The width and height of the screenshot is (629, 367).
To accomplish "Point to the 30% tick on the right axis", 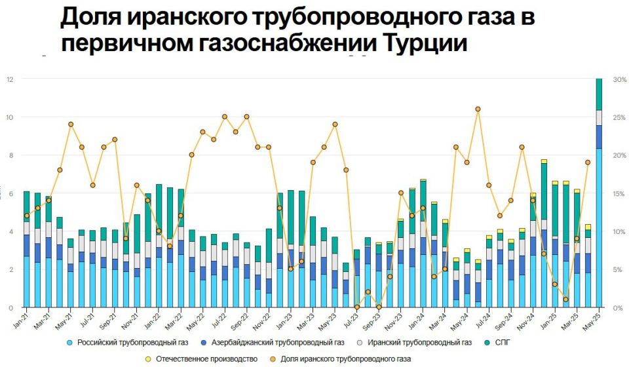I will pyautogui.click(x=619, y=79).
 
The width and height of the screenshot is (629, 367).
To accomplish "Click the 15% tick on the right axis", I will pyautogui.click(x=619, y=193).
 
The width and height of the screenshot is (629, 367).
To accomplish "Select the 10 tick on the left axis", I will pyautogui.click(x=10, y=117).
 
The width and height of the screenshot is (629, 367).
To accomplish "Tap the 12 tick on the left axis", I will pyautogui.click(x=10, y=79).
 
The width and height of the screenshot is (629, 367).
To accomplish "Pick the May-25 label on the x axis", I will pyautogui.click(x=595, y=319).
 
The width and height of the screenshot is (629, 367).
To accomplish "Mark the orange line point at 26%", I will pyautogui.click(x=478, y=109).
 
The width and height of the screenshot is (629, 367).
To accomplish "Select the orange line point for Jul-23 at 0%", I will pyautogui.click(x=356, y=307).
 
